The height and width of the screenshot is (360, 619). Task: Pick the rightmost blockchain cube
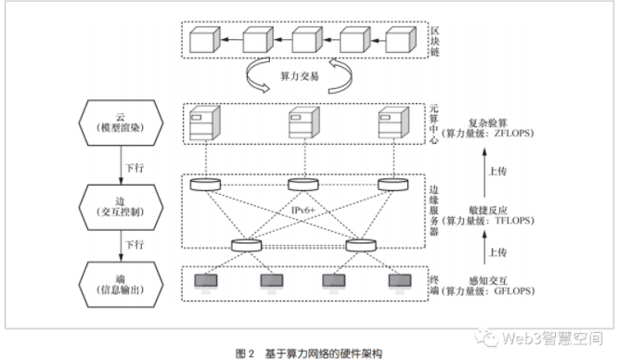coord(398,41)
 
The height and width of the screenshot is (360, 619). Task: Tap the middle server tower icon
coord(300,124)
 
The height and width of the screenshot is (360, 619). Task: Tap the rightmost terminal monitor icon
coord(399,281)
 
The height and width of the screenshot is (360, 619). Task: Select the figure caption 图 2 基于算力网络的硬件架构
coord(308,352)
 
